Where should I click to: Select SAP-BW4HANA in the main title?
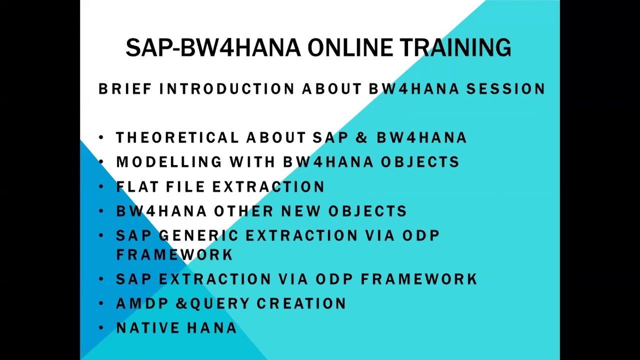point(213,48)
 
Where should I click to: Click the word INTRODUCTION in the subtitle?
point(230,89)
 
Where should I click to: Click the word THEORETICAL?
point(177,137)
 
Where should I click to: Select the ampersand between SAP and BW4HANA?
point(361,137)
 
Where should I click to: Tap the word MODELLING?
point(169,162)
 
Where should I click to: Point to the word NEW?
point(301,211)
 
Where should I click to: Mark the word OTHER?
point(243,211)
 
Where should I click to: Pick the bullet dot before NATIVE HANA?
point(101,328)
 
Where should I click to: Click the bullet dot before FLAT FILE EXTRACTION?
point(101,186)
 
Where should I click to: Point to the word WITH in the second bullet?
point(252,162)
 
